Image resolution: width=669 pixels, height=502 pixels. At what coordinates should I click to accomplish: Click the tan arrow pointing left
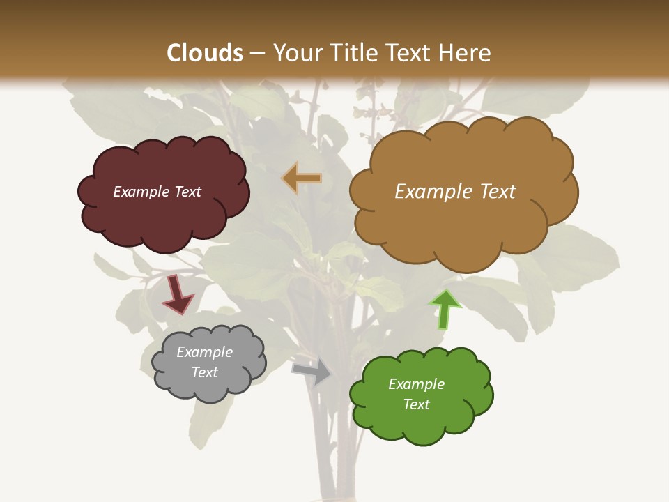point(302,178)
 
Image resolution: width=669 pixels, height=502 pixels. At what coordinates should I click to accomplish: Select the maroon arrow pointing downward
point(177,295)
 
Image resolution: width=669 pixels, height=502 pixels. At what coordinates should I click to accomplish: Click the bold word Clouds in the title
point(205,53)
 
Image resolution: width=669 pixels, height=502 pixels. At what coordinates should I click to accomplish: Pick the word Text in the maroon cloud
point(187,192)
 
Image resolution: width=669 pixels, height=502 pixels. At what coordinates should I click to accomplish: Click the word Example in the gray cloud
point(204,352)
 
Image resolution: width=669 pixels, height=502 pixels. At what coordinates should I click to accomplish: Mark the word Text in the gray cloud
point(204,372)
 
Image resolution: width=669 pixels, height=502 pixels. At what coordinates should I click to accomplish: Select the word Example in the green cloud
point(416,384)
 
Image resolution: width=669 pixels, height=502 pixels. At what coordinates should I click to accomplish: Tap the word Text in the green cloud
point(416,404)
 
